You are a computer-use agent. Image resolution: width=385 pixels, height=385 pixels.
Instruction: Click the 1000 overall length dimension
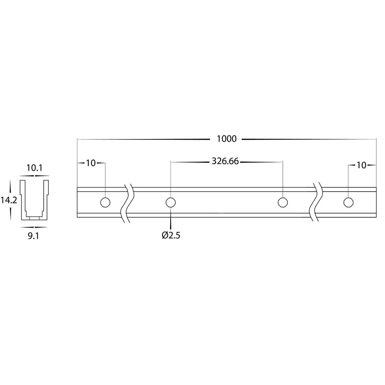click(227, 139)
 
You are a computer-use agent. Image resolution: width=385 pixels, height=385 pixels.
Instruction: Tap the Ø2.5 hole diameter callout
click(171, 235)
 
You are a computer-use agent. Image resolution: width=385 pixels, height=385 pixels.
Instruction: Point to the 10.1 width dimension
click(34, 168)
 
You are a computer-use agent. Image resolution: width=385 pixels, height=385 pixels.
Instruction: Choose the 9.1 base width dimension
click(34, 234)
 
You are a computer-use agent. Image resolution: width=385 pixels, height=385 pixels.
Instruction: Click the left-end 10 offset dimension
click(90, 163)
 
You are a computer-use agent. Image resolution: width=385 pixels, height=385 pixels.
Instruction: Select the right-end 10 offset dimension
click(361, 165)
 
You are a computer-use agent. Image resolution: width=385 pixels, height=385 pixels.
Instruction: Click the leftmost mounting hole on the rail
click(105, 202)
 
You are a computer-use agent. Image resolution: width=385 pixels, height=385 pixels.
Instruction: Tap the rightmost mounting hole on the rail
click(348, 202)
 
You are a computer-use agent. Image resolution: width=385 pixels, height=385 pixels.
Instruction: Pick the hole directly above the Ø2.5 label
click(171, 202)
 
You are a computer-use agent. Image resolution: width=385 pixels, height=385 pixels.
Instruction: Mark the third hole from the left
click(282, 202)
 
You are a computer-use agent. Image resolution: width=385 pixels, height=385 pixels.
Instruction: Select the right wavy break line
click(317, 202)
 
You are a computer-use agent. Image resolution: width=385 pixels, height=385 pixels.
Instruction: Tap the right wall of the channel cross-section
click(46, 199)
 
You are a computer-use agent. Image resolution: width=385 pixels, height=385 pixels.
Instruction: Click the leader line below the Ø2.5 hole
click(171, 220)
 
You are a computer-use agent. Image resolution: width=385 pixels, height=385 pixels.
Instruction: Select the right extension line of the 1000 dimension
click(376, 163)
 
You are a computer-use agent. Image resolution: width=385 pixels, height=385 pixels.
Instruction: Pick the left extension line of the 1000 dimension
click(77, 163)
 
